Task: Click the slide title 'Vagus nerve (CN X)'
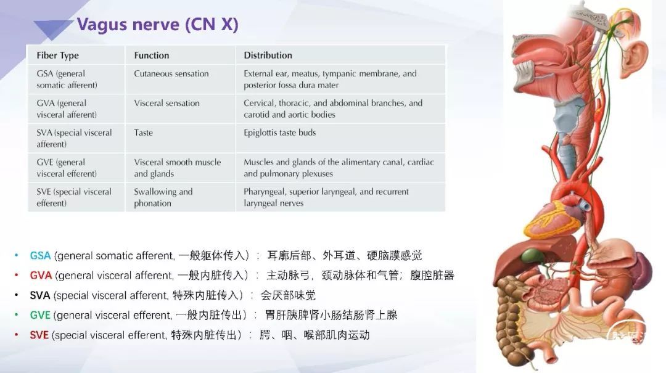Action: (x=158, y=24)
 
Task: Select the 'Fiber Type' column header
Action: (x=58, y=55)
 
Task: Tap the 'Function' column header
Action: (x=152, y=55)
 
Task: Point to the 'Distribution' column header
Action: (x=268, y=55)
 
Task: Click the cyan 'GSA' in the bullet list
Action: (x=40, y=256)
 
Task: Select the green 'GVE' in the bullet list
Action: (x=40, y=315)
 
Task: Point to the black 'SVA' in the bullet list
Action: (x=40, y=295)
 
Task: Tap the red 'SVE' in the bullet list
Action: (x=39, y=335)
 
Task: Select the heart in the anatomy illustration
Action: (x=552, y=215)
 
